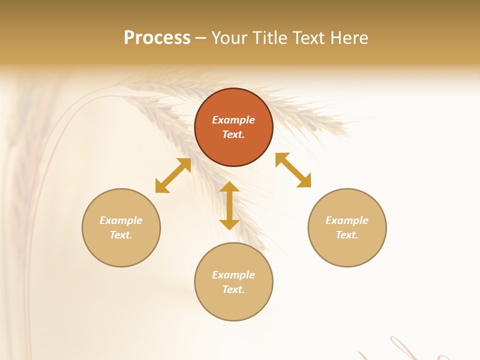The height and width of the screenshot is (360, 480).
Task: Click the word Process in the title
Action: [x=157, y=38]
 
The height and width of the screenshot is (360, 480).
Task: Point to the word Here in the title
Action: [x=349, y=38]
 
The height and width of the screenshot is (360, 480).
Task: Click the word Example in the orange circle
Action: [x=233, y=120]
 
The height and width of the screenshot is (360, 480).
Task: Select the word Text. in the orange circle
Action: [x=233, y=134]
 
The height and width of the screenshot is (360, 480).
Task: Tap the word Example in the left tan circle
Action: [x=121, y=220]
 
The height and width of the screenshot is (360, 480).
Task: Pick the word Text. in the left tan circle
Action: [x=121, y=235]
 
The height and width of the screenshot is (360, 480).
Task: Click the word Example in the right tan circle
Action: [x=347, y=220]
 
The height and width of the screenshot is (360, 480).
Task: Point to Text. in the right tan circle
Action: [x=347, y=235]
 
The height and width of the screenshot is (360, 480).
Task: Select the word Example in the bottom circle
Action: [x=233, y=275]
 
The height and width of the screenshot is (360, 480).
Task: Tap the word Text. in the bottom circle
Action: [x=233, y=289]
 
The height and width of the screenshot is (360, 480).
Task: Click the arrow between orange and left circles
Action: [x=173, y=175]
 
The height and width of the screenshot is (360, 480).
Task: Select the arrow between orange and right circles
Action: [x=293, y=170]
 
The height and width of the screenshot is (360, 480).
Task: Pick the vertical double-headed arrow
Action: [x=229, y=205]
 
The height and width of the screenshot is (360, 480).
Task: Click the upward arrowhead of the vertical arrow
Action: [x=229, y=187]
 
